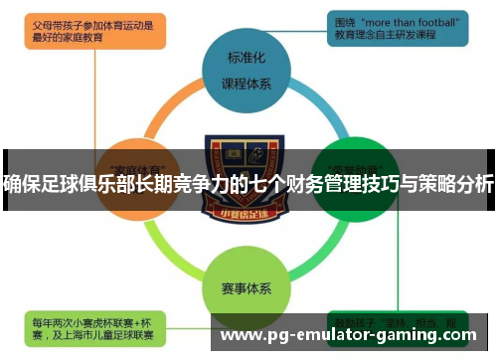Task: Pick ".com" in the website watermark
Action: click(x=468, y=336)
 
